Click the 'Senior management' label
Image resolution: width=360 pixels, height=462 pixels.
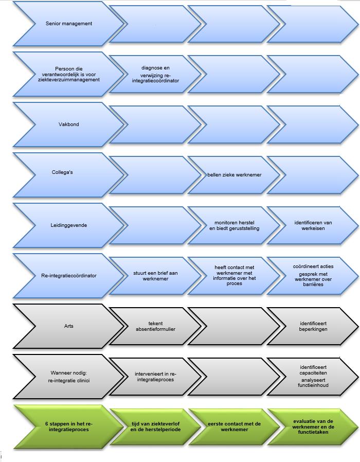pos(68,24)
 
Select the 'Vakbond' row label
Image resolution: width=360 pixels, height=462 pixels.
pos(68,125)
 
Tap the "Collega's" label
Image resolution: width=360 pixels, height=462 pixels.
pos(62,172)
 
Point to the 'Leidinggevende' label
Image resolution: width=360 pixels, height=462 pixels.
pos(68,225)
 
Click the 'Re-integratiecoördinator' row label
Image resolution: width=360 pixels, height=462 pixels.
pos(68,276)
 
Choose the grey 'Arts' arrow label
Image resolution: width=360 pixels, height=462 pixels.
pos(68,326)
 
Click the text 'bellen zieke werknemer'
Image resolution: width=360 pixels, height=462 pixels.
pos(234,175)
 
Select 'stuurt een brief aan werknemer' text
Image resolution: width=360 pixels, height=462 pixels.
pos(155,276)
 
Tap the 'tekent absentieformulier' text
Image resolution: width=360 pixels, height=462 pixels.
pos(155,326)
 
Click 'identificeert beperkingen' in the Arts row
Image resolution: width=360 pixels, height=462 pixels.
pos(313,326)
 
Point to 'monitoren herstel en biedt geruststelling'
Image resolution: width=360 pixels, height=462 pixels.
pos(234,225)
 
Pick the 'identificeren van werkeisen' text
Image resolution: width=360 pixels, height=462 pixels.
pos(313,225)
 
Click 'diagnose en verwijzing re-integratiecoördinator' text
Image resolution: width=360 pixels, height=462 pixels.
pos(155,74)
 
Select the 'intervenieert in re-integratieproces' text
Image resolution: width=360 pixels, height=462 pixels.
pos(155,377)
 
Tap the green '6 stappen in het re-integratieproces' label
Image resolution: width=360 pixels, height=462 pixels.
pos(68,427)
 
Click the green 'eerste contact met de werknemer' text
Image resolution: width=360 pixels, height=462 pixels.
pos(234,427)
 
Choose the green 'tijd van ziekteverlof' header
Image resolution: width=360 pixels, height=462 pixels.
pos(155,424)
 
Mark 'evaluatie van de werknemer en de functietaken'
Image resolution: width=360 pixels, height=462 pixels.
pos(313,427)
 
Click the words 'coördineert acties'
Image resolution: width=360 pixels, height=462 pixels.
pos(313,266)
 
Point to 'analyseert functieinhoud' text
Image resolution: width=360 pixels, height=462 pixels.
pos(313,382)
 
